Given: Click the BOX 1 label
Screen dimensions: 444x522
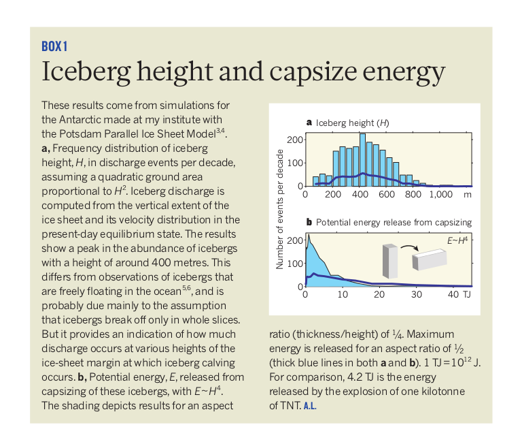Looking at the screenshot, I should pyautogui.click(x=54, y=46).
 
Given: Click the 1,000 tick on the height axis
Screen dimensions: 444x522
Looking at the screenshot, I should pyautogui.click(x=440, y=194).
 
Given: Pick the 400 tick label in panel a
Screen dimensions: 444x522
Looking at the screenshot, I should pyautogui.click(x=360, y=194).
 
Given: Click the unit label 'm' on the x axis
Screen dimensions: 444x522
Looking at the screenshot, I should pyautogui.click(x=467, y=194).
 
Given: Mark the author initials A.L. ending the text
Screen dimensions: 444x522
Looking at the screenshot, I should pyautogui.click(x=309, y=406).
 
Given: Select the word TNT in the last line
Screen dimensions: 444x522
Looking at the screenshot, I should pyautogui.click(x=288, y=406).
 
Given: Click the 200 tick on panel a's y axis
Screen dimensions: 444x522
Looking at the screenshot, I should pyautogui.click(x=294, y=140).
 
